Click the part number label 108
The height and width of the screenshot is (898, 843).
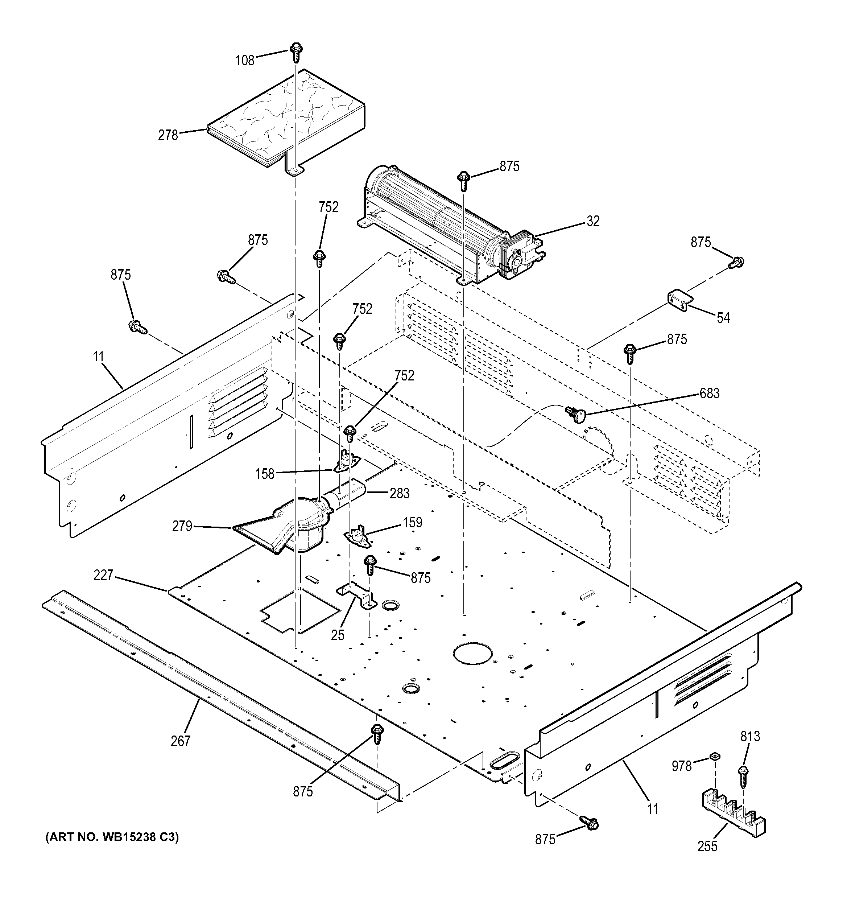[245, 61]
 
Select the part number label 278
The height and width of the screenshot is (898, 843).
[168, 135]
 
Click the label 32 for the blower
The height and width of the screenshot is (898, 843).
[593, 221]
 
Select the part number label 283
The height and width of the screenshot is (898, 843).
[400, 493]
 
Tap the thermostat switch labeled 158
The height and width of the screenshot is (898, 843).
[348, 462]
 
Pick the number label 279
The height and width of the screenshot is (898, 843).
[182, 526]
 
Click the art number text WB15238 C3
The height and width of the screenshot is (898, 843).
[112, 837]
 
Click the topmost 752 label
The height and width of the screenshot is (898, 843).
[328, 207]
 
